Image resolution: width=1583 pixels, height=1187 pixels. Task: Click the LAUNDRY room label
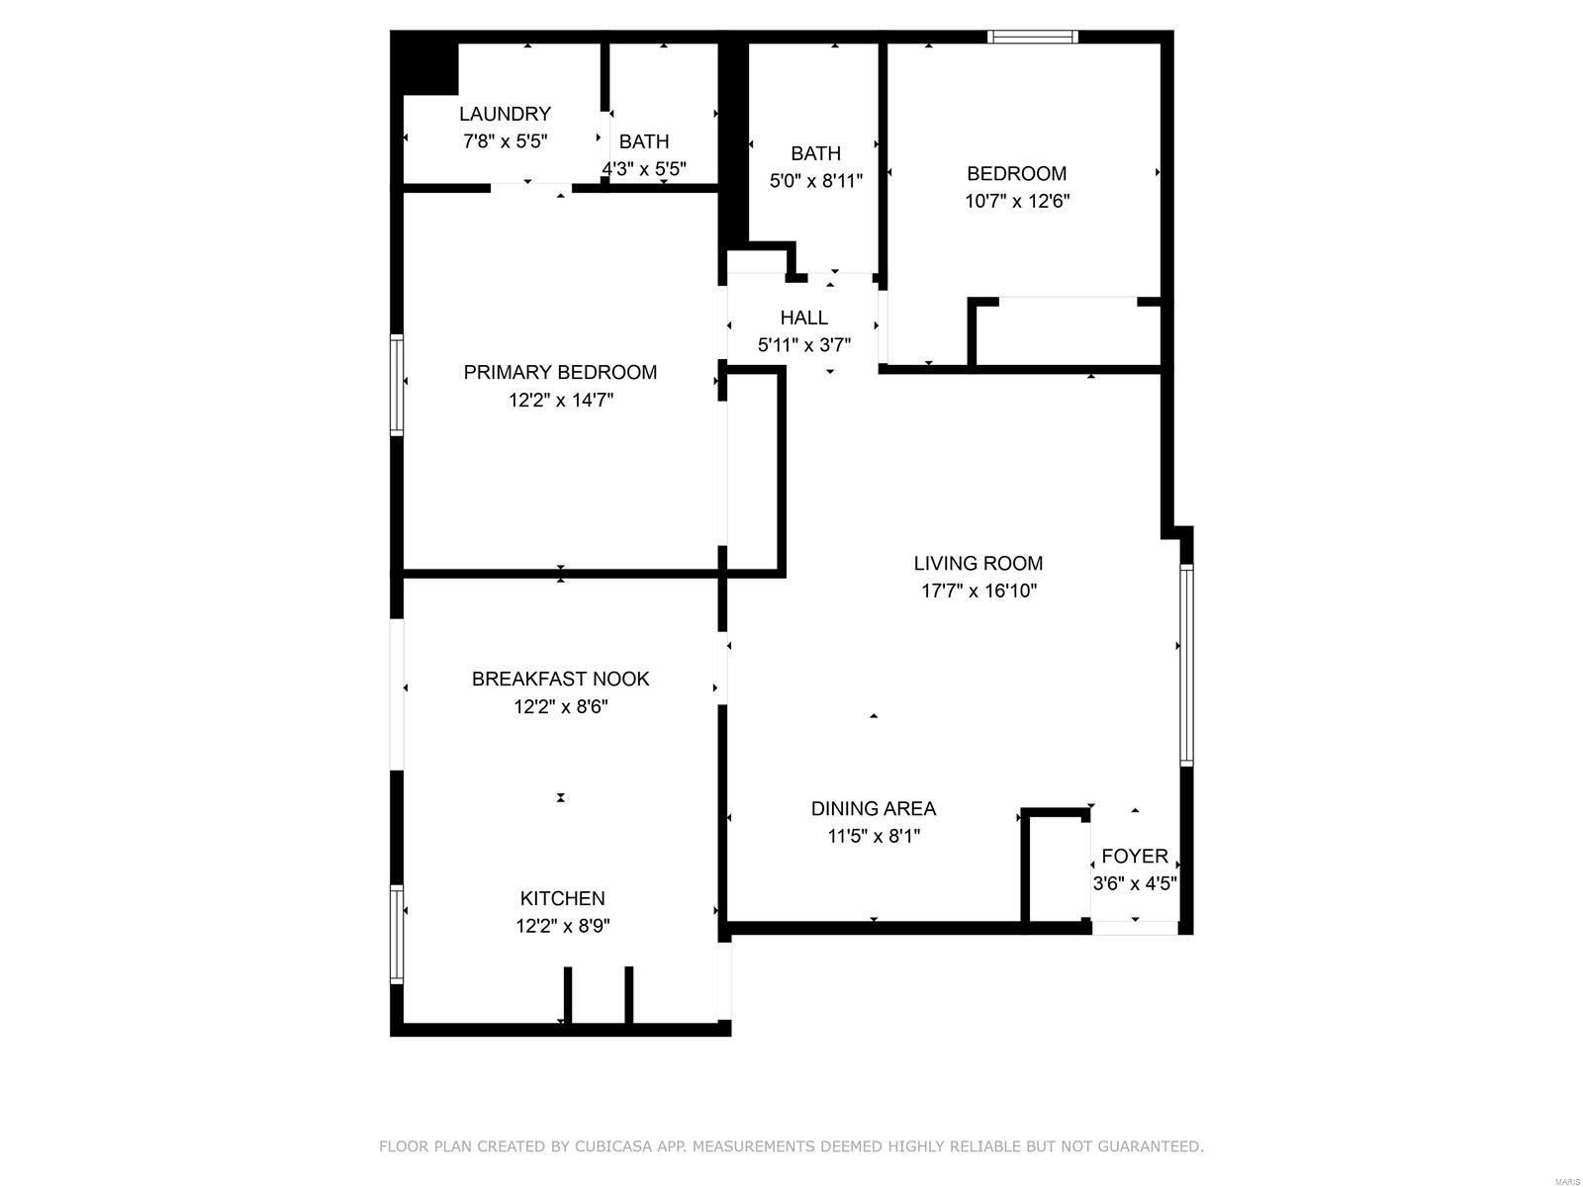[505, 114]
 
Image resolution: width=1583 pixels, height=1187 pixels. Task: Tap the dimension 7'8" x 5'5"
[505, 141]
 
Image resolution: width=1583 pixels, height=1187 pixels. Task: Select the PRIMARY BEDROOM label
[560, 373]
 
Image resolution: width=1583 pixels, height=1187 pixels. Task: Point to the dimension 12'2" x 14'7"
[560, 400]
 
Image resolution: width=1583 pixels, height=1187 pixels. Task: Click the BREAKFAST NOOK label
[560, 679]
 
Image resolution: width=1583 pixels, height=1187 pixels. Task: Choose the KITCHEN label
[563, 898]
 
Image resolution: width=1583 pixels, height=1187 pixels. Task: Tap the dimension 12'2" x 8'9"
[563, 926]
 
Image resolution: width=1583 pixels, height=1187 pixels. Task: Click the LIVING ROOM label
[978, 564]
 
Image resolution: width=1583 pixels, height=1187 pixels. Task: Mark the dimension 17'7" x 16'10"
[978, 591]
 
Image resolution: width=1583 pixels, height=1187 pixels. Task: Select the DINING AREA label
[874, 808]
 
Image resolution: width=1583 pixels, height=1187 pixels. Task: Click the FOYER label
[1135, 857]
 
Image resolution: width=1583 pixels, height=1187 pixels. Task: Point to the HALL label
[803, 318]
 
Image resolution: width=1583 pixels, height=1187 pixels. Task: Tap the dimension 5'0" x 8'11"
[815, 181]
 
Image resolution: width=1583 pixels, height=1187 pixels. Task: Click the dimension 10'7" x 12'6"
[1017, 201]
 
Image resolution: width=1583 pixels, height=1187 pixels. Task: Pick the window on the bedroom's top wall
[1032, 37]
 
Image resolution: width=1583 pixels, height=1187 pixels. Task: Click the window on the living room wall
[1186, 665]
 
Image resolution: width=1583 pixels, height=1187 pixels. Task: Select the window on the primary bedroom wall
[397, 385]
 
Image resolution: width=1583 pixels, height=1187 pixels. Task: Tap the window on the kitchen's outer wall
[397, 934]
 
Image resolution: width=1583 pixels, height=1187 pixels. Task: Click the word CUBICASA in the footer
[609, 1145]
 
